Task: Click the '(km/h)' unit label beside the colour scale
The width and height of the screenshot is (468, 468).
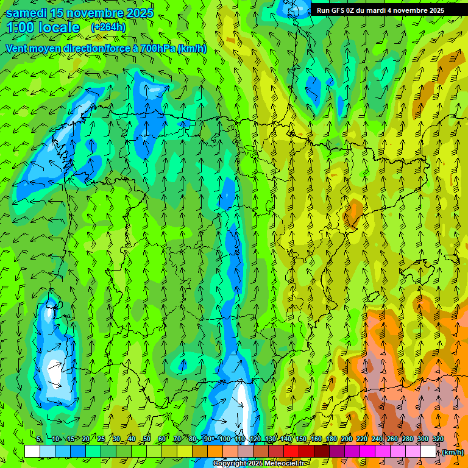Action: pos(452,452)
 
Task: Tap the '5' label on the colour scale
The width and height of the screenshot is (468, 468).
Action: pos(39,439)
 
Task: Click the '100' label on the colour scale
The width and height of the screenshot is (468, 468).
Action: pos(225,439)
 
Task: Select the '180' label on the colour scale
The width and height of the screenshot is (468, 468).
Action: pos(331,439)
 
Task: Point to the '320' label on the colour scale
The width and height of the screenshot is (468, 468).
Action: pos(438,439)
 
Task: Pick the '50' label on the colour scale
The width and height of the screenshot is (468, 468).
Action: pos(147,439)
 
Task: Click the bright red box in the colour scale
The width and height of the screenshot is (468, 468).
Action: pos(291,452)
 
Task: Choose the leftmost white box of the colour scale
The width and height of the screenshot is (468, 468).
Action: pos(32,452)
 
